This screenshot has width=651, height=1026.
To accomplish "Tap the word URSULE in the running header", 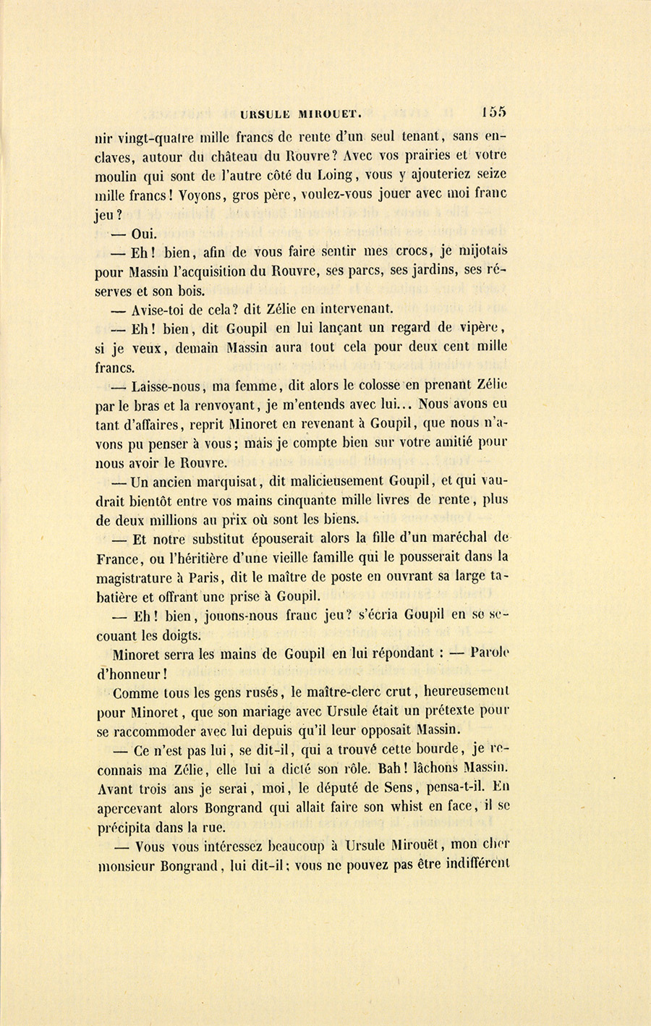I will pyautogui.click(x=265, y=114).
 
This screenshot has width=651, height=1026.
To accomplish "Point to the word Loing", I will pyautogui.click(x=333, y=174).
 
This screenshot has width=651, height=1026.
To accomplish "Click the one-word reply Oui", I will pyautogui.click(x=144, y=234).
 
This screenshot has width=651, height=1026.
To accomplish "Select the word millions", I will pyautogui.click(x=175, y=519).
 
